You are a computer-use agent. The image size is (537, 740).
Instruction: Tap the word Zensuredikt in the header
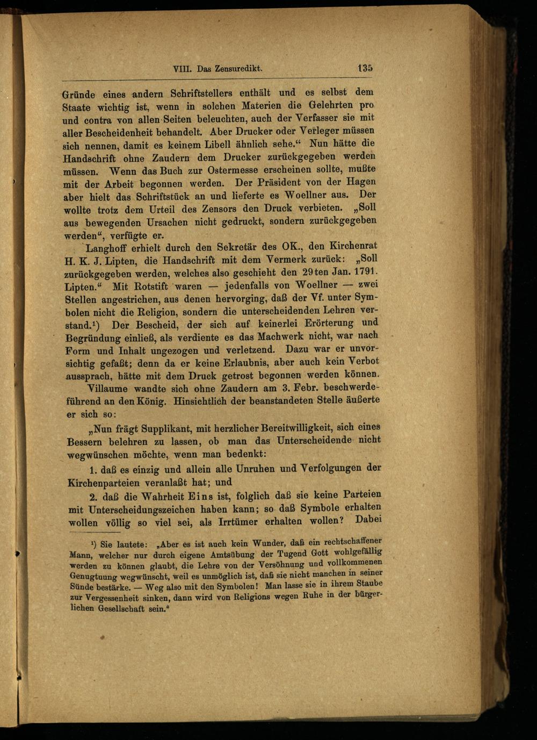click(238, 69)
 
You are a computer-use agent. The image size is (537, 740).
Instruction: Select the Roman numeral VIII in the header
click(184, 69)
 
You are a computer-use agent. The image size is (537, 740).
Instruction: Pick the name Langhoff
click(109, 248)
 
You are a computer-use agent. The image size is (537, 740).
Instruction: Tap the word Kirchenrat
click(351, 246)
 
